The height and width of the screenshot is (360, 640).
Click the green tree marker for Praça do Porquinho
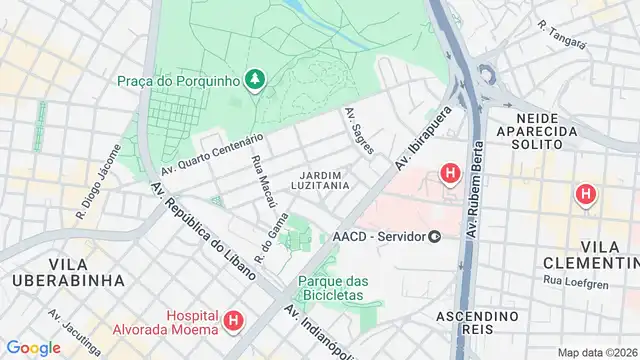[257, 79]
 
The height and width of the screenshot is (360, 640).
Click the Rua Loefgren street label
[598, 281]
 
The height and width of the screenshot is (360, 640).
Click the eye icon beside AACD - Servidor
[435, 236]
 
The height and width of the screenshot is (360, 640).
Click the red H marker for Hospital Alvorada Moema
[233, 322]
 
